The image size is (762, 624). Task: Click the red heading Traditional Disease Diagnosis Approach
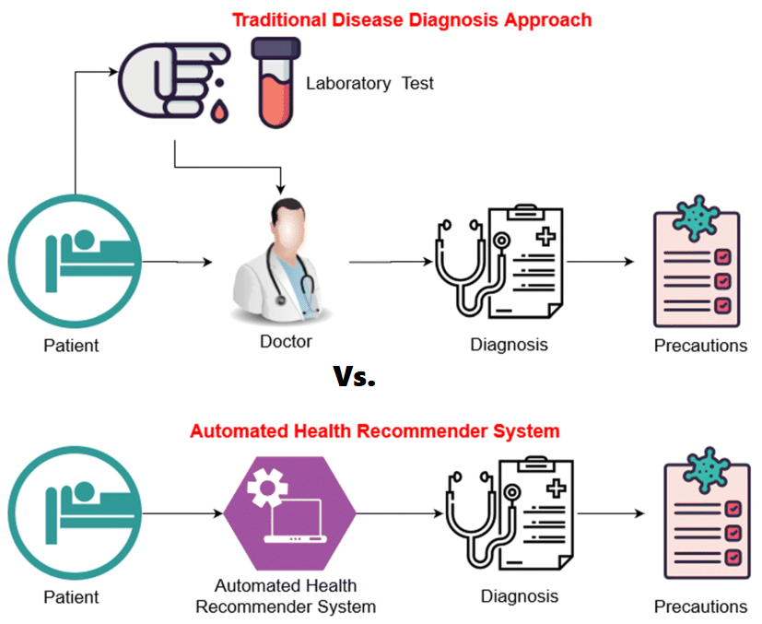[x=412, y=19]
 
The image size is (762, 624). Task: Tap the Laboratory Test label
[x=369, y=84]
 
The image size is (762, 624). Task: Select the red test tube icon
[x=275, y=82]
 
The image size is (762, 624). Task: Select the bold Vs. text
[x=354, y=377]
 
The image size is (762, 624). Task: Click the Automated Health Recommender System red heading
[x=374, y=430]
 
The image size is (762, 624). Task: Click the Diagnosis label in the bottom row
[x=519, y=595]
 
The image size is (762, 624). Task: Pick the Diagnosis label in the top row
[x=509, y=345]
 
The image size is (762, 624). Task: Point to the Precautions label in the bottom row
[x=700, y=606]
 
